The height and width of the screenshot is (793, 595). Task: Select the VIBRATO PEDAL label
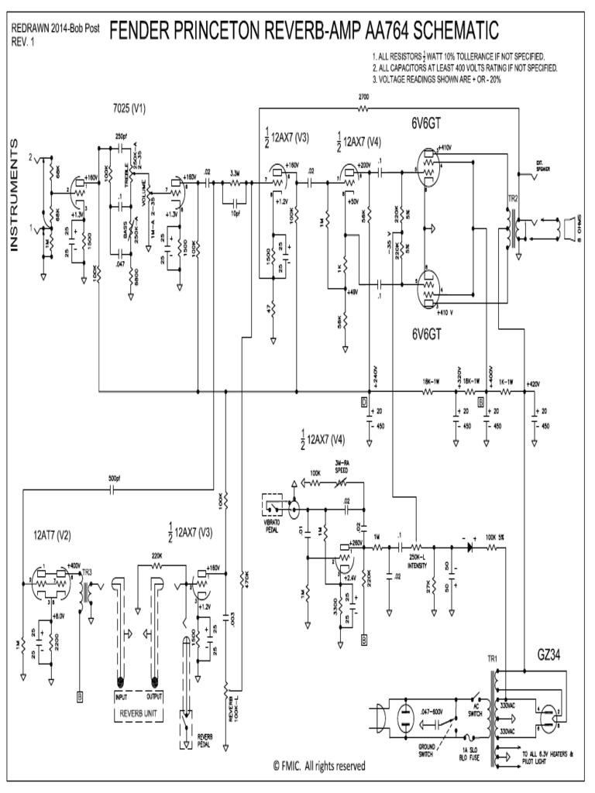click(x=273, y=527)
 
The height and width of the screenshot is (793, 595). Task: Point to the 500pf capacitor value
click(x=114, y=478)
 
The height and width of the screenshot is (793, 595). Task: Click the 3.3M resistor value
click(x=234, y=173)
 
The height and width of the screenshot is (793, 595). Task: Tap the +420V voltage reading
click(x=533, y=383)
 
